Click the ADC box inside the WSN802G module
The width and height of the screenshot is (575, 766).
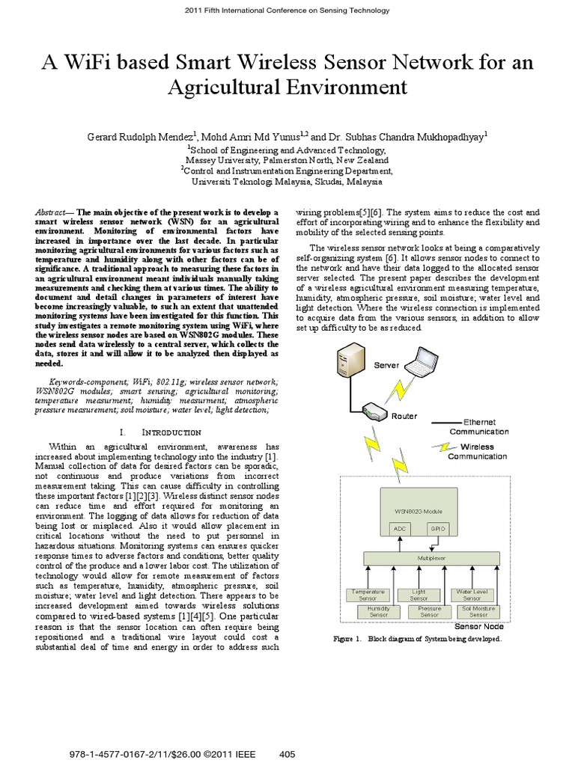click(398, 528)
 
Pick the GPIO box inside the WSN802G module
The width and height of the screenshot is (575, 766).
click(436, 528)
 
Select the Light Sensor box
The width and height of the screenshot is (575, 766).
click(419, 595)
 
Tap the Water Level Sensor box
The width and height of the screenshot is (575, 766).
click(472, 595)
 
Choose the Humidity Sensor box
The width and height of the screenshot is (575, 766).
click(378, 611)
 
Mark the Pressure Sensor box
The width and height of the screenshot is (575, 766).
click(430, 611)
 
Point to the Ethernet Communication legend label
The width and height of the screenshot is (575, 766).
click(478, 427)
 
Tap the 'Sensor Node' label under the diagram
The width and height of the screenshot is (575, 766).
click(479, 627)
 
